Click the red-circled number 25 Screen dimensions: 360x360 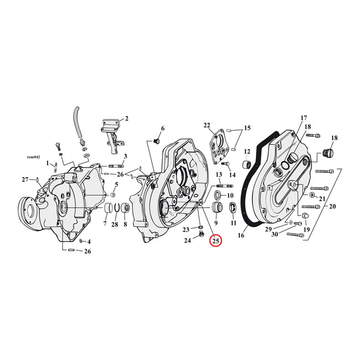pyautogui.click(x=215, y=241)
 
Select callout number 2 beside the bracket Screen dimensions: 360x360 pyautogui.click(x=126, y=118)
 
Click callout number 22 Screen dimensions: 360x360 pyautogui.click(x=207, y=125)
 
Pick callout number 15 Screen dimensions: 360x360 pyautogui.click(x=247, y=128)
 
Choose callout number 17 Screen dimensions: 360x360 pyautogui.click(x=303, y=118)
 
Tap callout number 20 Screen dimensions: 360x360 pyautogui.click(x=332, y=206)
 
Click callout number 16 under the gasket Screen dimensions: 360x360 pyautogui.click(x=241, y=235)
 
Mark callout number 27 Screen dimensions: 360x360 pyautogui.click(x=24, y=179)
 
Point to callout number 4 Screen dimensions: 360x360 pyautogui.click(x=89, y=242)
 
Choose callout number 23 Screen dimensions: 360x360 pyautogui.click(x=187, y=229)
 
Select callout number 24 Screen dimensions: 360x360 pyautogui.click(x=187, y=240)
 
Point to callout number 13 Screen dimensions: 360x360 pyautogui.click(x=219, y=174)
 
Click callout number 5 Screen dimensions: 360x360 pyautogui.click(x=116, y=185)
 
